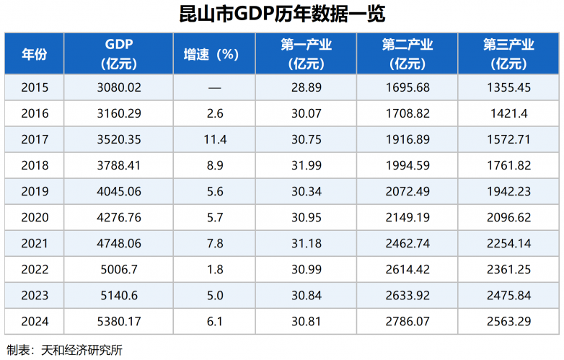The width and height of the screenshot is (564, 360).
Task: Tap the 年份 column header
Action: tap(34, 54)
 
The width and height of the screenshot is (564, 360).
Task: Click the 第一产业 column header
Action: tap(306, 54)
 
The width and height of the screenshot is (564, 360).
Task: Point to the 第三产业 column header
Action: tap(508, 54)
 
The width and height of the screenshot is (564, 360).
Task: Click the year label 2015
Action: tap(35, 88)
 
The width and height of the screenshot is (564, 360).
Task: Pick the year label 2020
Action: tap(35, 217)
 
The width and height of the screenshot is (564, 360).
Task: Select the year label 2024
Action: tap(35, 320)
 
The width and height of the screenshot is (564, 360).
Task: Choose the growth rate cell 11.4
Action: tap(215, 139)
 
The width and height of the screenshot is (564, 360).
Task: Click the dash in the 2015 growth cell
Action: tap(214, 88)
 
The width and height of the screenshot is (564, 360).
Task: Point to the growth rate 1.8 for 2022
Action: tap(215, 268)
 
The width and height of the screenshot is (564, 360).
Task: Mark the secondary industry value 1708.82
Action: tap(407, 113)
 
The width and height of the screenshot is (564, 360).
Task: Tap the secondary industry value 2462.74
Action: tap(407, 242)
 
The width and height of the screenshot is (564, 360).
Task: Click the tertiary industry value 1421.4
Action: tap(509, 113)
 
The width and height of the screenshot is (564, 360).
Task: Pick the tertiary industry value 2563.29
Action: tap(509, 320)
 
